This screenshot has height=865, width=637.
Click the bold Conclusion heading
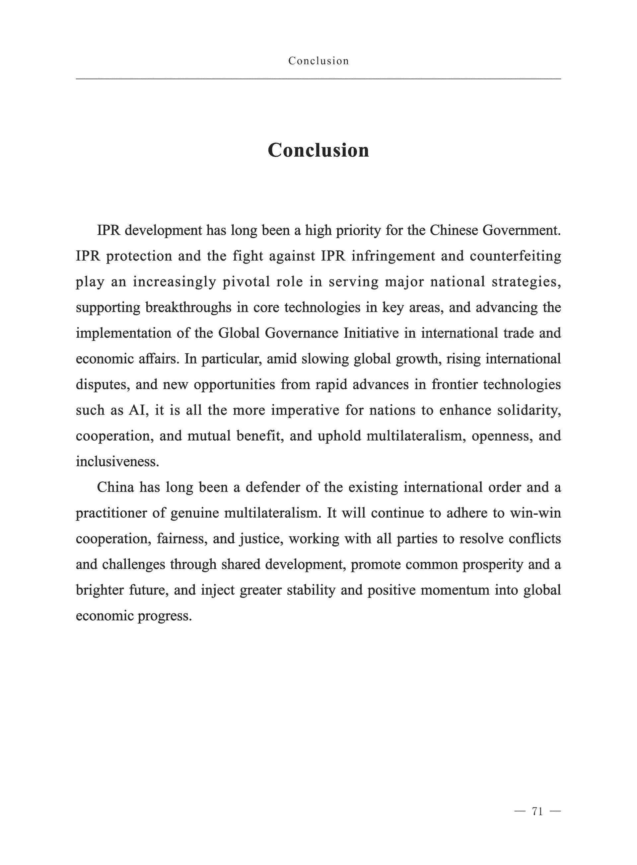click(x=318, y=150)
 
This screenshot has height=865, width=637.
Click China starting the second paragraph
click(x=115, y=487)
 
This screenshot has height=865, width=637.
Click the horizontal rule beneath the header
click(x=318, y=79)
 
